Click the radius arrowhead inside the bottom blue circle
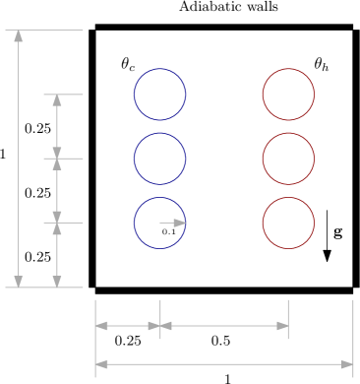click(180, 224)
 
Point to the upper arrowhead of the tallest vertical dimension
click(19, 36)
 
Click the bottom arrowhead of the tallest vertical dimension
click(19, 281)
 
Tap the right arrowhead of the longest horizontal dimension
click(346, 364)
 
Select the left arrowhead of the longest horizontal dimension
click(101, 364)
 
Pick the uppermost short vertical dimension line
click(57, 126)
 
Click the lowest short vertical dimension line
click(57, 255)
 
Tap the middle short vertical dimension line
click(57, 191)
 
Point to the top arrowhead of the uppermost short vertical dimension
click(57, 100)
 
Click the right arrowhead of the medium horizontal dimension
click(282, 326)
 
